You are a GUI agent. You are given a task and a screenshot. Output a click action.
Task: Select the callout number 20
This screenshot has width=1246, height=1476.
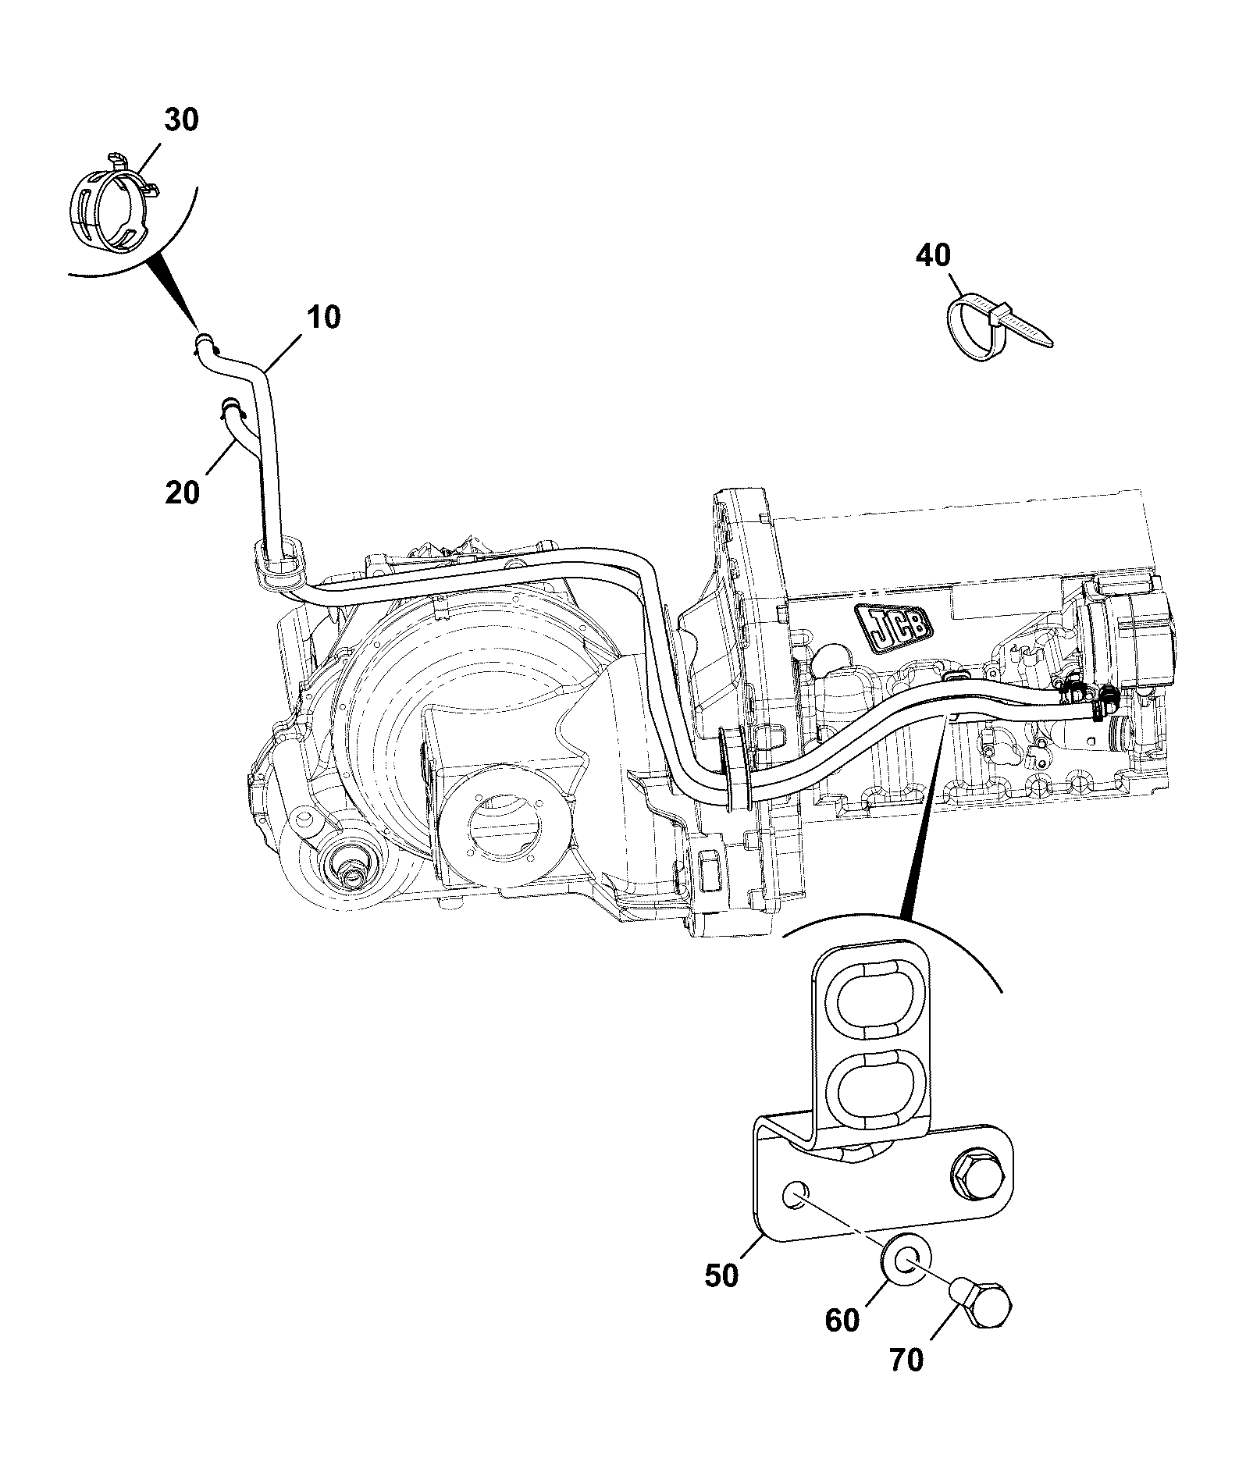point(182,493)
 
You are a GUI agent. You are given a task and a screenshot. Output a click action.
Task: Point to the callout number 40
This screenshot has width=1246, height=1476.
point(934,256)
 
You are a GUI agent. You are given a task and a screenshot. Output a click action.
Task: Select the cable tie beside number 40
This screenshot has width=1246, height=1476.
point(995,326)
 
